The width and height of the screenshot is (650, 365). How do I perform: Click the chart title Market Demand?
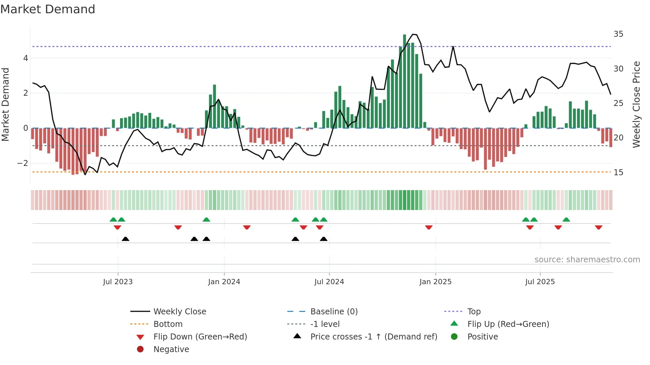(48, 9)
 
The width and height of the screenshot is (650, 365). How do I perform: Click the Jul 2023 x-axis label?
(118, 282)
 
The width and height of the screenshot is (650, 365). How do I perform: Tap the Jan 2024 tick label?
(224, 282)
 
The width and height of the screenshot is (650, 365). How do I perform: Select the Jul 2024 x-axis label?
(329, 282)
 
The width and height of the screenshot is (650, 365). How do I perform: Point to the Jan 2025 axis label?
(435, 282)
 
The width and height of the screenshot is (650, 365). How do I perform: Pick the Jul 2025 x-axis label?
(540, 282)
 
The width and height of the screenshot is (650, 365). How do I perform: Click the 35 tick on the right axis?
(618, 34)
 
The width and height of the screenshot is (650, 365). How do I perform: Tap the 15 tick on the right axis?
(618, 173)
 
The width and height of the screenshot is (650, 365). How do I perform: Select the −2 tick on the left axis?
(23, 163)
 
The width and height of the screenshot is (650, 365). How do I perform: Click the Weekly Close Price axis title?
(636, 104)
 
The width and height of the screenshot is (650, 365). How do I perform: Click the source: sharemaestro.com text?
(587, 260)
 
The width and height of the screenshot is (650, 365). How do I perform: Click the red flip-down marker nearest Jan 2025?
(429, 228)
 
